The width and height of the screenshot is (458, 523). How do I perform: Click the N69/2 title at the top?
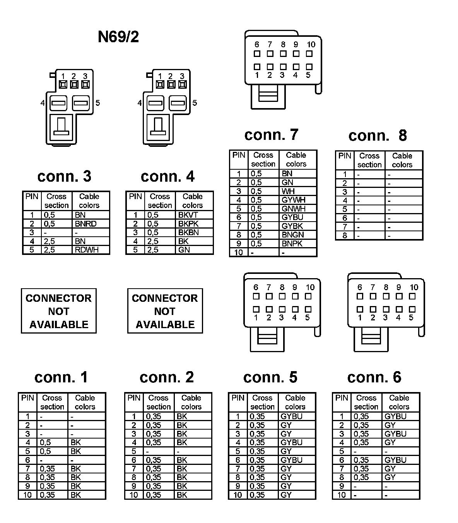point(118,37)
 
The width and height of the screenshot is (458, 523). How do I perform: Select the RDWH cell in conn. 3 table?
point(87,250)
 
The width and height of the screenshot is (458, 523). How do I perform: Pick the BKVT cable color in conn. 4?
point(188,215)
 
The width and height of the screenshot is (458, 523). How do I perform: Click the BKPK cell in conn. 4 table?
point(188,224)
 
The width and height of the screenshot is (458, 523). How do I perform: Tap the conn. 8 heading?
point(378,135)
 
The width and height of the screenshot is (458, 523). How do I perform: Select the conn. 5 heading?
point(270,377)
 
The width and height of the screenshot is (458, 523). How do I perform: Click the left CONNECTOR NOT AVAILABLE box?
point(59,311)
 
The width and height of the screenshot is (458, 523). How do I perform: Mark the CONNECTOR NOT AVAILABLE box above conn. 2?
point(165,311)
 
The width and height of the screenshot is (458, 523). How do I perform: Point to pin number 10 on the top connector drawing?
point(311,45)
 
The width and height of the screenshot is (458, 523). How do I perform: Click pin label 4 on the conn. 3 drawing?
point(42,103)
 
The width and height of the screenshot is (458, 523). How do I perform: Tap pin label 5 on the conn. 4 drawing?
point(195,103)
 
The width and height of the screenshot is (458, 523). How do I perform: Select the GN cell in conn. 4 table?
point(184,250)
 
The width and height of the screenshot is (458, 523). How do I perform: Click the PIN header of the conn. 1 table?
point(27,398)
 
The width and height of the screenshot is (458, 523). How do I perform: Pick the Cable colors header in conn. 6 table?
point(399,402)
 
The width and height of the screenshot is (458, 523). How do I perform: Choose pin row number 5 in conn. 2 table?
point(134,451)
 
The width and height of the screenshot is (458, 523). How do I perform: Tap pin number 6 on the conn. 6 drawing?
point(360,287)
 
